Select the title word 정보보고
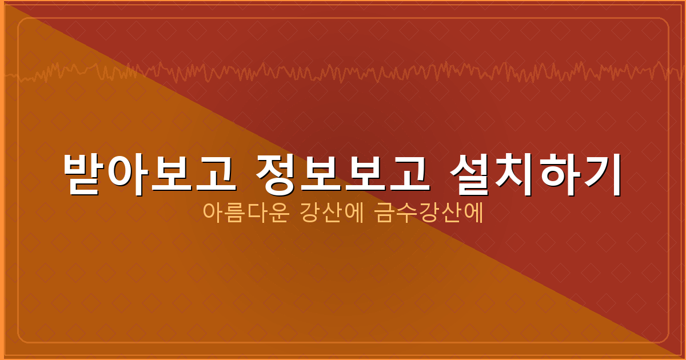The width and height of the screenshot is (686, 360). click(341, 174)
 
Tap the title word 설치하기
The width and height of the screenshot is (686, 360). click(535, 174)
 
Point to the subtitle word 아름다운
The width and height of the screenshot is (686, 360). click(244, 213)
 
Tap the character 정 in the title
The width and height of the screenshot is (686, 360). click(277, 174)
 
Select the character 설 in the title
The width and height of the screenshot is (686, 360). click(470, 174)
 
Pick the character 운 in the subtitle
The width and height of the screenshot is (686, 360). click(276, 213)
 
